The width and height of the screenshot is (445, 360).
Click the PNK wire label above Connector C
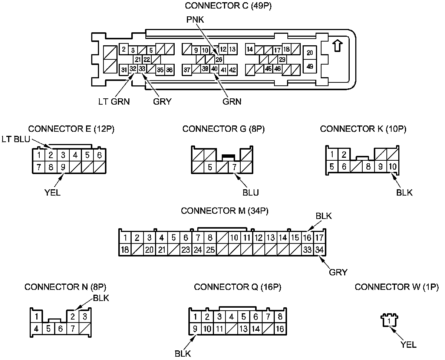pyautogui.click(x=195, y=20)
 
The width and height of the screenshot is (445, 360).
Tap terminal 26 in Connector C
pyautogui.click(x=219, y=59)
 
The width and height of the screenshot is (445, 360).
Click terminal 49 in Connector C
pyautogui.click(x=310, y=66)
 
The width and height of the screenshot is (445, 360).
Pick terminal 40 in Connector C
pyautogui.click(x=214, y=69)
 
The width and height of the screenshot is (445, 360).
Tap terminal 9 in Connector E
pyautogui.click(x=63, y=167)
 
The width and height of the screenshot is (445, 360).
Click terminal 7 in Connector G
pyautogui.click(x=234, y=167)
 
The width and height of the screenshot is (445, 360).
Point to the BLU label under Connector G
pyautogui.click(x=251, y=192)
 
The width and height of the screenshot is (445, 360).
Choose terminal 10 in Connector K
pyautogui.click(x=393, y=167)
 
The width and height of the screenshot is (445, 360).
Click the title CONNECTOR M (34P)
pyautogui.click(x=225, y=211)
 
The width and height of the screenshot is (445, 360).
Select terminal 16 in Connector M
pyautogui.click(x=307, y=238)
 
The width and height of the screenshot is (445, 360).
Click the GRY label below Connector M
pyautogui.click(x=338, y=272)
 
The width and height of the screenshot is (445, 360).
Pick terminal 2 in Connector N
pyautogui.click(x=73, y=317)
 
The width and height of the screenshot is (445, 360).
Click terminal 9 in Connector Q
pyautogui.click(x=195, y=328)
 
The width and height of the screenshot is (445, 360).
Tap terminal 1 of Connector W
pyautogui.click(x=389, y=321)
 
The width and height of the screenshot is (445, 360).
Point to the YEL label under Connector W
pyautogui.click(x=408, y=345)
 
